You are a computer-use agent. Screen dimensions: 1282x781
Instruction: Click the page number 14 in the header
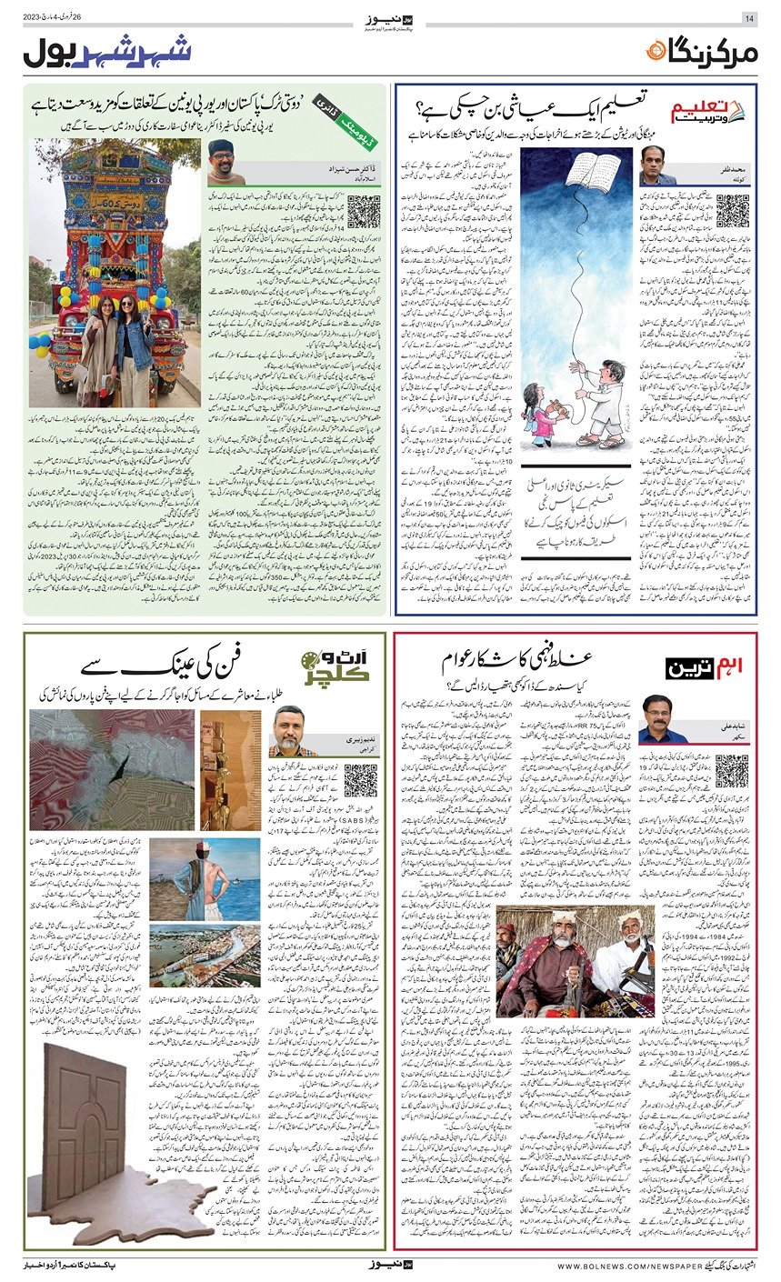pos(749,19)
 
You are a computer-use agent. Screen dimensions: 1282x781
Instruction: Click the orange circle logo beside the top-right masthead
pos(655,53)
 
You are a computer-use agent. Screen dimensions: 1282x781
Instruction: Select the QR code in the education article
pos(732,212)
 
